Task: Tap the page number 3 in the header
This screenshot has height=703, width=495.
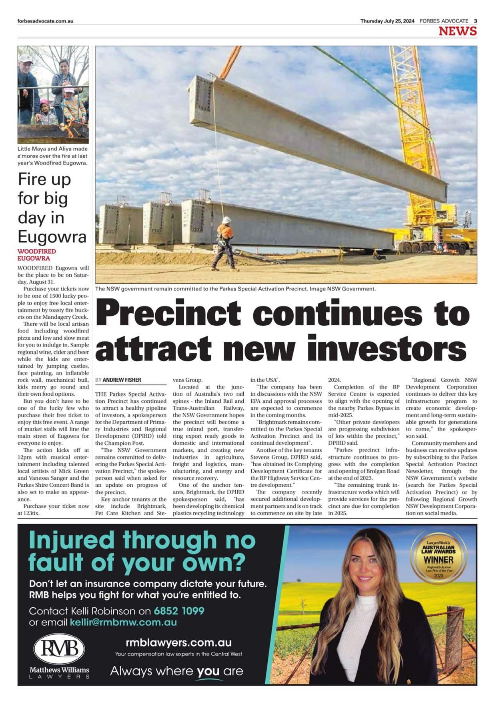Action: (475, 21)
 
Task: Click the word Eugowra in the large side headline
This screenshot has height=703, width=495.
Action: (52, 237)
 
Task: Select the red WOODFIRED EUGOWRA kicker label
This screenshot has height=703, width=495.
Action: (36, 255)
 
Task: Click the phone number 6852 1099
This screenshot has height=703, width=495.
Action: (179, 611)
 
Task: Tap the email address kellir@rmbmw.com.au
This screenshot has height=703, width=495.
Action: (123, 622)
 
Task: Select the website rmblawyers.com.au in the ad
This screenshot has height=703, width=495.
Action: (178, 643)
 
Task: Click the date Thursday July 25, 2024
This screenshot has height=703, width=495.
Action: (387, 21)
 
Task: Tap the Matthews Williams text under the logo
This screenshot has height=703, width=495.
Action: (59, 670)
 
